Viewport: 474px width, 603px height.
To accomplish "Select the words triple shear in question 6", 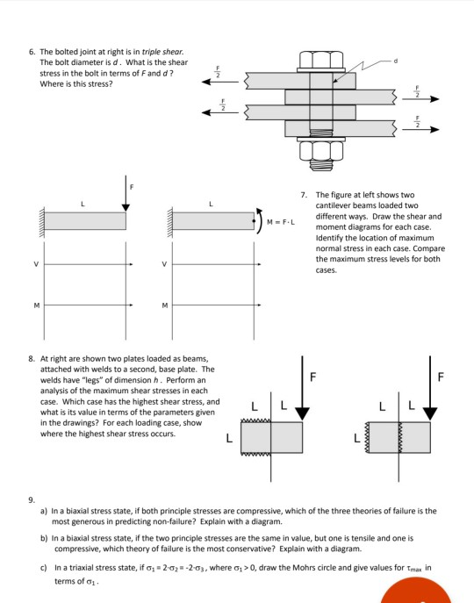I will click(x=165, y=53).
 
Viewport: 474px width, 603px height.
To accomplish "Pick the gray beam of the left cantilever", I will click(x=85, y=220).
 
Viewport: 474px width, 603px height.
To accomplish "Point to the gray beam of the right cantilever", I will click(x=210, y=220).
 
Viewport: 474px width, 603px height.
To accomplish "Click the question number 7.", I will click(x=303, y=195).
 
